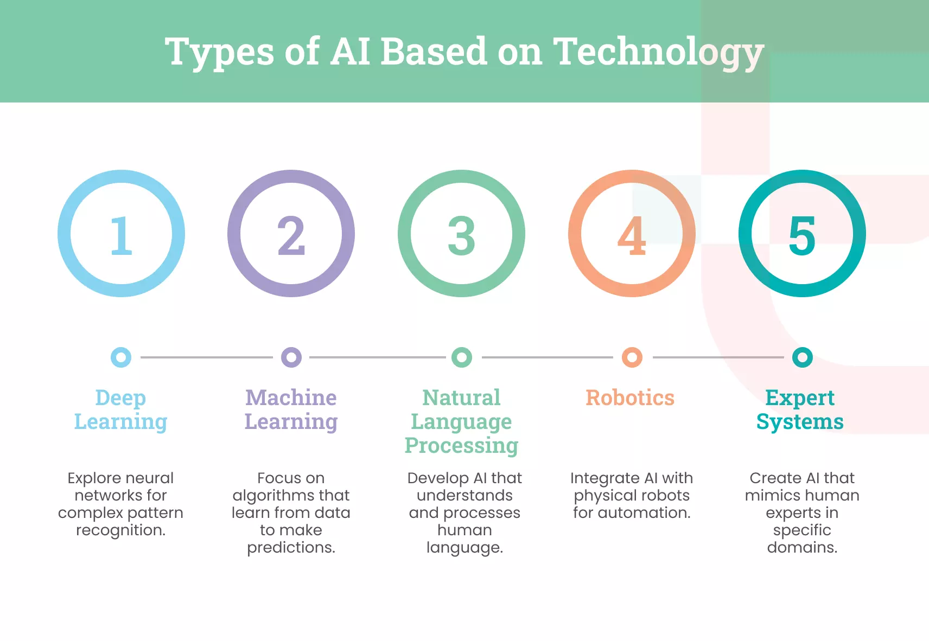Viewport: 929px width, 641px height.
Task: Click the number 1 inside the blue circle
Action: [x=121, y=235]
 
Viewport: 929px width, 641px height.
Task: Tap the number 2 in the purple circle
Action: [x=291, y=235]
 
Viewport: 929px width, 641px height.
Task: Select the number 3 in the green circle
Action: [x=461, y=235]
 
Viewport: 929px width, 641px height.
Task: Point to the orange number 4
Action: [x=632, y=235]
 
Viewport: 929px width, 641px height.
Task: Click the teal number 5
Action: [x=802, y=235]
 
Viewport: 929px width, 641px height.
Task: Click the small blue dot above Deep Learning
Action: [x=121, y=357]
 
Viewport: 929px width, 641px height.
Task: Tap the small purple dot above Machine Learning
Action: [x=291, y=357]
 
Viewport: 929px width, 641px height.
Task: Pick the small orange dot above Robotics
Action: [x=632, y=357]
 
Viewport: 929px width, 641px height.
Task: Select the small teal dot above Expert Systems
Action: [x=803, y=357]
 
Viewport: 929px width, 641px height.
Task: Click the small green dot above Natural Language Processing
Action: [x=462, y=357]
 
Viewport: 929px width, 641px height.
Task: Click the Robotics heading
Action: [x=630, y=398]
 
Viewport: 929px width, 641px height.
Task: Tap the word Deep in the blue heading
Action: [x=120, y=398]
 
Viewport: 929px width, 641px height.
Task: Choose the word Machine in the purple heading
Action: [x=291, y=398]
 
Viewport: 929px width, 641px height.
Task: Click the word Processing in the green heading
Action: [x=461, y=446]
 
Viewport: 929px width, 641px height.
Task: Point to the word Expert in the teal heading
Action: [x=800, y=398]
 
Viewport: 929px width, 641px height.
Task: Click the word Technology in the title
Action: [x=658, y=52]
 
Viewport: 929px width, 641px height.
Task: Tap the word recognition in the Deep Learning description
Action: [x=120, y=530]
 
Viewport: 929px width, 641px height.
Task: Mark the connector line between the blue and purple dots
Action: [x=206, y=357]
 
